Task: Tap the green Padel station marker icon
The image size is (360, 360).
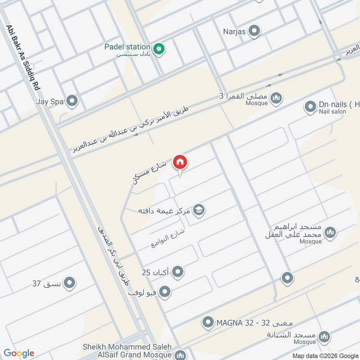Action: pos(158,49)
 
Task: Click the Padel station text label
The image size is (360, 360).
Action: pos(127,47)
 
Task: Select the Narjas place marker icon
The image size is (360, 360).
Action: pos(255,31)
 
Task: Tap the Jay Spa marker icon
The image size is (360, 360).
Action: pos(72,101)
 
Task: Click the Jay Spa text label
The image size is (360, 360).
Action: pos(50,102)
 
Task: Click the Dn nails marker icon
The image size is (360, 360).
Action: pos(310,107)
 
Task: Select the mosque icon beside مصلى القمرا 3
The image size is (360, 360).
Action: pos(276,97)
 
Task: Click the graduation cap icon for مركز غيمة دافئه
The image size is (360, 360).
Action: pos(198,210)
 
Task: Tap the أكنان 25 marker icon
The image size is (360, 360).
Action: pos(178,272)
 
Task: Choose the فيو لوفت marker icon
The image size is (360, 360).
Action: pos(165,292)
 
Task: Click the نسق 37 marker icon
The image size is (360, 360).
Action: pos(69,283)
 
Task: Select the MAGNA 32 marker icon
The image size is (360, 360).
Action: pos(208,322)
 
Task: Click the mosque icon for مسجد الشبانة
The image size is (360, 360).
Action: pos(324,337)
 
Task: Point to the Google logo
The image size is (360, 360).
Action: pos(19,353)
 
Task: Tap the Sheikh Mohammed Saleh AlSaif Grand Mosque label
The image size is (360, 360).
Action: pos(127,351)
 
